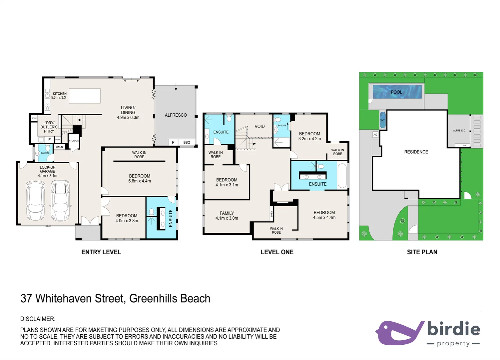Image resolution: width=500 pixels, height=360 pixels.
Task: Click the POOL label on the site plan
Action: [396, 92]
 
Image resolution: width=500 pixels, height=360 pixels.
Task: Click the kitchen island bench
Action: [85, 96]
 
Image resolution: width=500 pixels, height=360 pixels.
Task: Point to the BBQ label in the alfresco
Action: [187, 142]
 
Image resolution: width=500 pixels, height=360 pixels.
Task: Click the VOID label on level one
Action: [259, 126]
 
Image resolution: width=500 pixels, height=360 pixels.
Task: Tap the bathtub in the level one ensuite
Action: [342, 175]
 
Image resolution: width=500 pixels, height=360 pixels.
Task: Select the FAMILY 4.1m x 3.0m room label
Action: [227, 216]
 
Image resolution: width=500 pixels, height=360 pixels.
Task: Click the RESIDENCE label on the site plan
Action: [416, 152]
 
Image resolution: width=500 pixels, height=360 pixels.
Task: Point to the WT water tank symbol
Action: [382, 120]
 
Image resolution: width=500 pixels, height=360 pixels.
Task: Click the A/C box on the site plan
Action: [375, 135]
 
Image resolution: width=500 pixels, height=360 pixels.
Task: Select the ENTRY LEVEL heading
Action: [101, 252]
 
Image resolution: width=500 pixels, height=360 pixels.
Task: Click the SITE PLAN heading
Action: [422, 252]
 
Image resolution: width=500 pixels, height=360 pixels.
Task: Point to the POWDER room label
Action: [45, 153]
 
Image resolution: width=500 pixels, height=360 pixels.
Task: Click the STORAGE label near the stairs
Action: [74, 141]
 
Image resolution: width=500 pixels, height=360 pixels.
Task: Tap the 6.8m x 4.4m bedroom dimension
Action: [140, 181]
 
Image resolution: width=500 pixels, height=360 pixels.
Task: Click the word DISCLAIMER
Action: [38, 319]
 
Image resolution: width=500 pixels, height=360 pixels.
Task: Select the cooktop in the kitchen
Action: [47, 107]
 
